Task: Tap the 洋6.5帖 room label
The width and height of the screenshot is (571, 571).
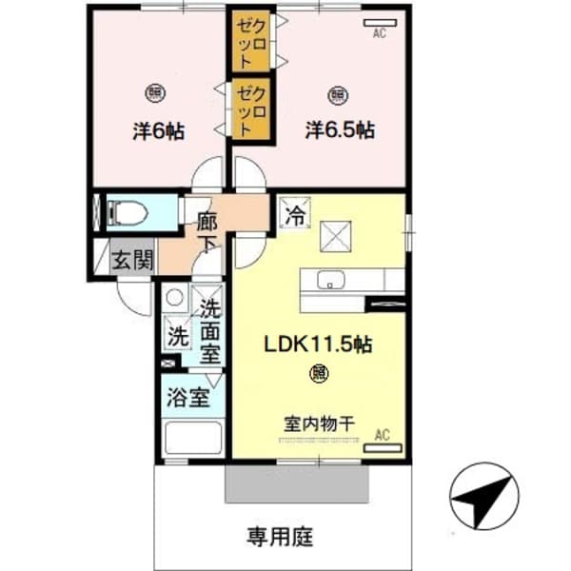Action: tap(338, 129)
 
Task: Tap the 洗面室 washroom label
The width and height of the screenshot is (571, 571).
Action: tap(211, 331)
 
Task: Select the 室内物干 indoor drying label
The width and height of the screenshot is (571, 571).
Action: tap(317, 423)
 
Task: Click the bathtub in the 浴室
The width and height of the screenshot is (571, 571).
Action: tap(193, 440)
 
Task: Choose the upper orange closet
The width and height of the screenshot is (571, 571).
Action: tap(250, 41)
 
